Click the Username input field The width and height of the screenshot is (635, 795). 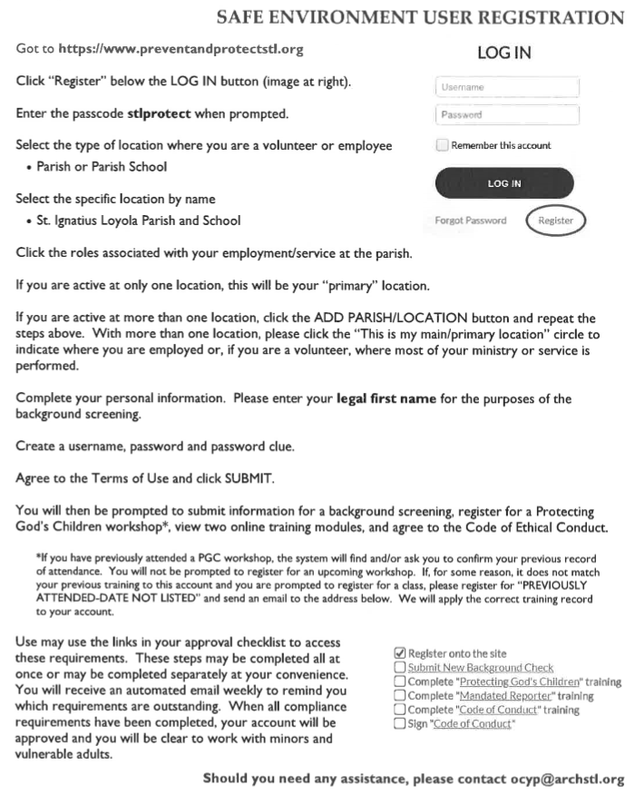click(507, 87)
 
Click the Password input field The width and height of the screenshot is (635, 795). click(507, 115)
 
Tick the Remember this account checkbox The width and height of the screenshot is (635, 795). click(442, 145)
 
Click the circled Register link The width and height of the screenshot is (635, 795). click(555, 221)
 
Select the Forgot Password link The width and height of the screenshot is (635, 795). click(471, 221)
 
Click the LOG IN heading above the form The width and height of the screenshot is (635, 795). click(503, 54)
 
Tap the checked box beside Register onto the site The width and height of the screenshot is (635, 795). click(400, 653)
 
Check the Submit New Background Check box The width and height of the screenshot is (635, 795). click(400, 668)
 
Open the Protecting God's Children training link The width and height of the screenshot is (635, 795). click(515, 682)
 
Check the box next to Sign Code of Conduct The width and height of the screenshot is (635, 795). click(400, 724)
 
